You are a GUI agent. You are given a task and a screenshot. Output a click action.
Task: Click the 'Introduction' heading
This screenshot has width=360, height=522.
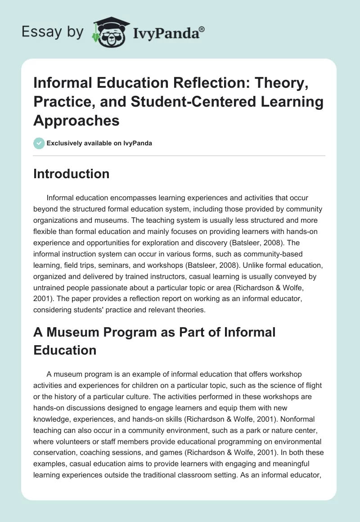[71, 174]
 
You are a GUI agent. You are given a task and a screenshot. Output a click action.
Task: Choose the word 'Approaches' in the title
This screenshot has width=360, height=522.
[76, 120]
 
